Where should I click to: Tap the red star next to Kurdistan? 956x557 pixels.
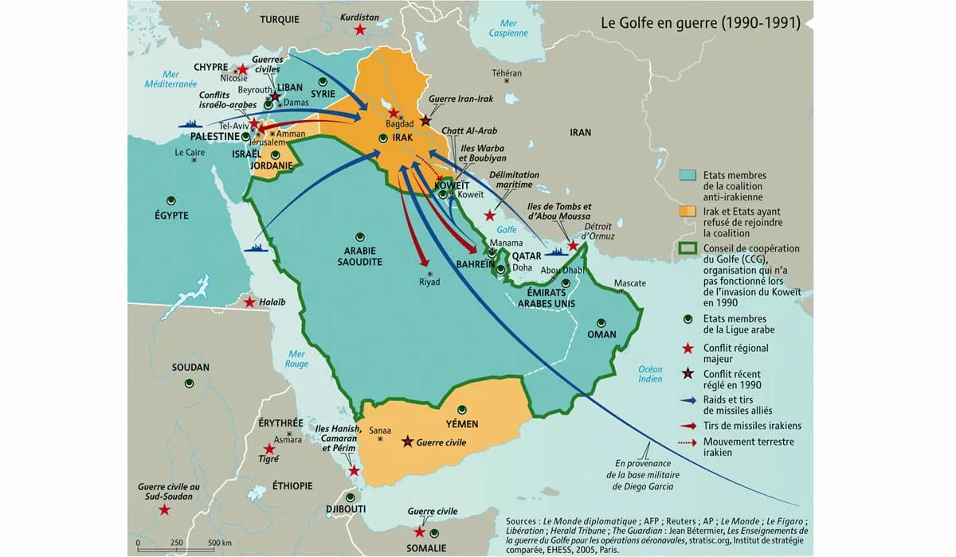360,29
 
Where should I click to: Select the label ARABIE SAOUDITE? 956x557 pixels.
359,255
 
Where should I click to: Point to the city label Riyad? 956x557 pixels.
429,282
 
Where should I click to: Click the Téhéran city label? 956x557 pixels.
507,73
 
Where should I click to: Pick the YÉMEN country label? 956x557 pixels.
462,423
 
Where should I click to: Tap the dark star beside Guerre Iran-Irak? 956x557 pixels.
426,120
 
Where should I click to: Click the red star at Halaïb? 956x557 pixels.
250,302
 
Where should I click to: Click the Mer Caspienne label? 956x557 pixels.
508,29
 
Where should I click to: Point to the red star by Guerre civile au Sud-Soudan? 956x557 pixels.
164,509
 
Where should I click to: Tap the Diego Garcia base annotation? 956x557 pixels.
642,474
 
